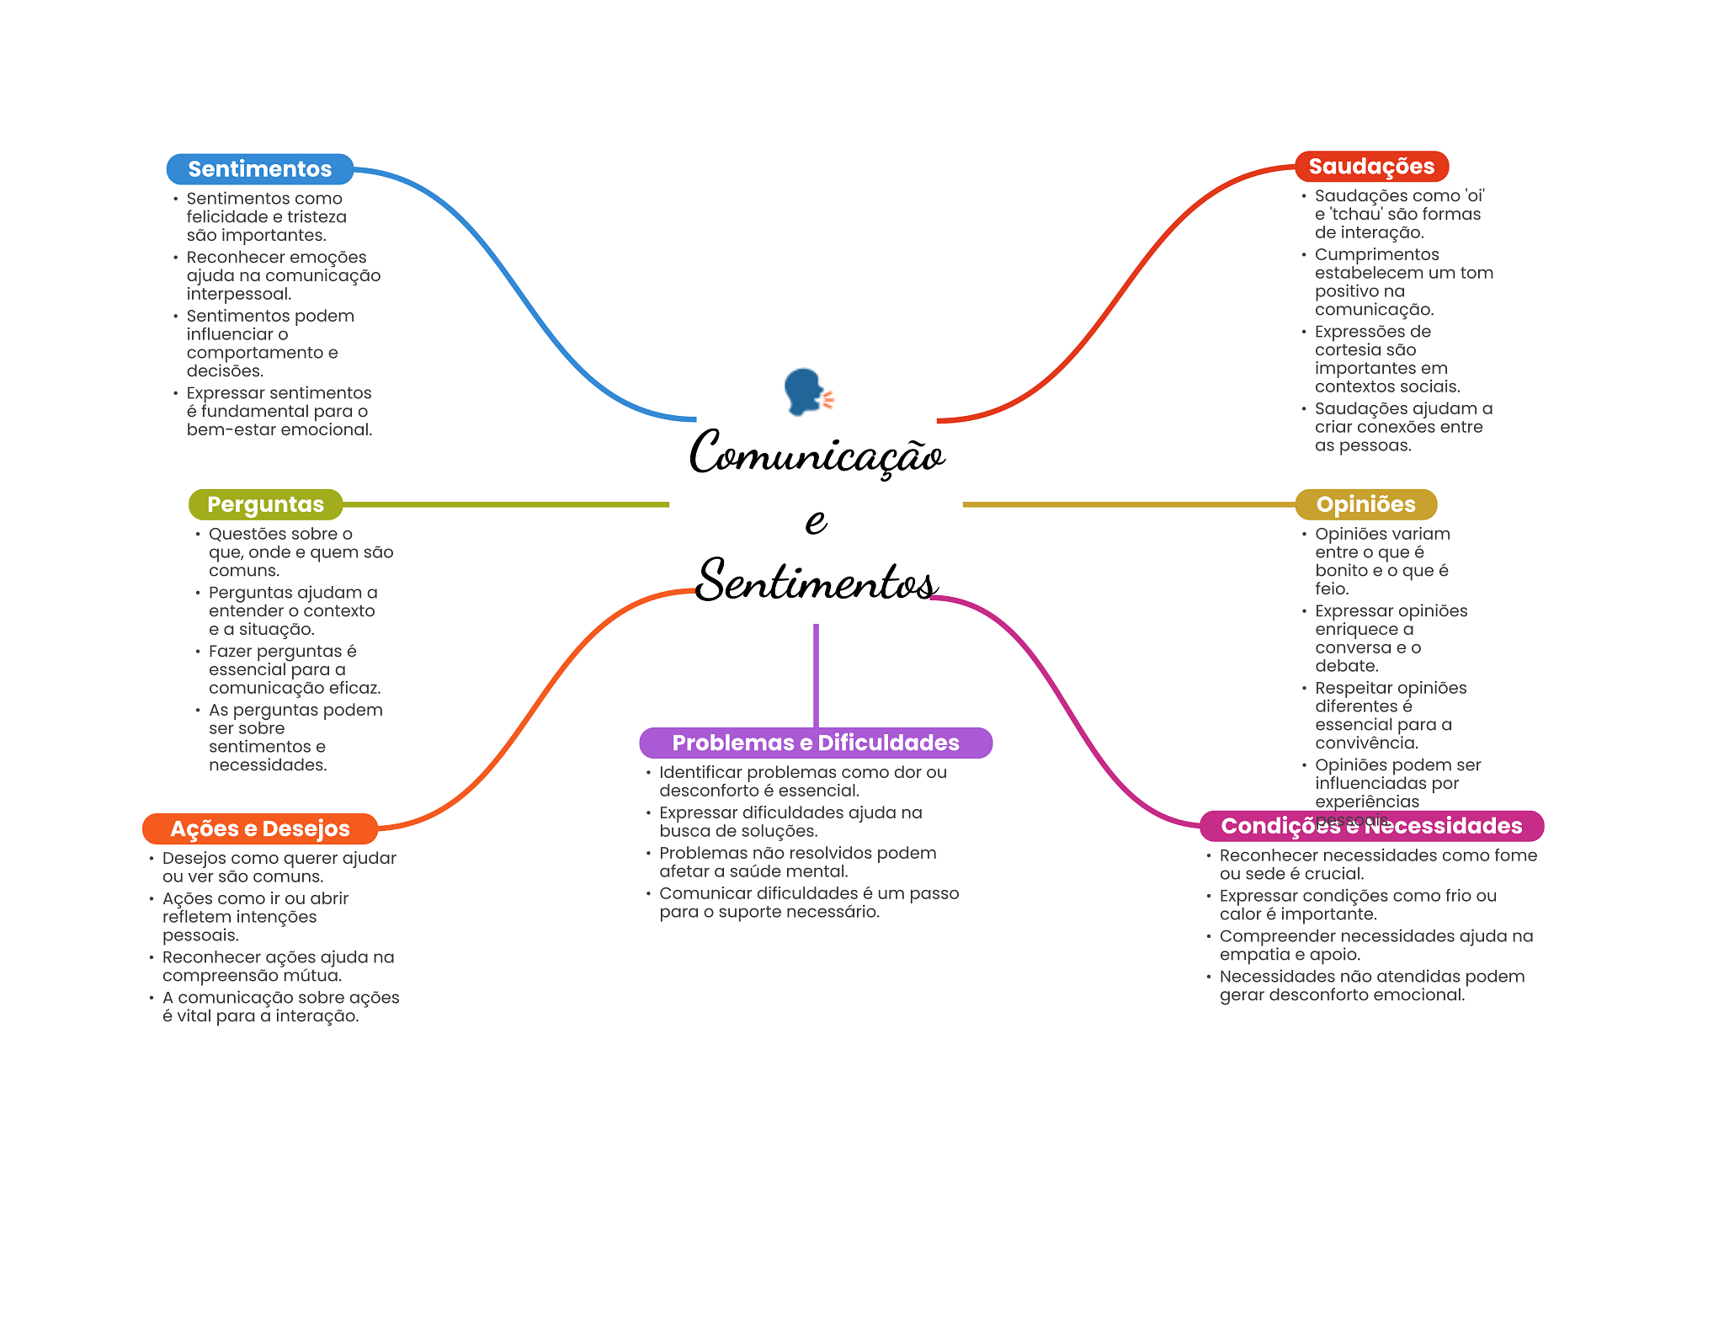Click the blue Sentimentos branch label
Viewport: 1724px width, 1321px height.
point(259,169)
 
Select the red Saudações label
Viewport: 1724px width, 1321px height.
point(1371,167)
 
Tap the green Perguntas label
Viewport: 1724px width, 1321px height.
point(265,504)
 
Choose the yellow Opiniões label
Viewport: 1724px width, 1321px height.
point(1365,504)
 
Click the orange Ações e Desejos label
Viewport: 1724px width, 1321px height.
point(259,828)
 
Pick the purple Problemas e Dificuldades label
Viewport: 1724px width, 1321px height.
point(815,743)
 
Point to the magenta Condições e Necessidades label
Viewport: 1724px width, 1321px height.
point(1371,826)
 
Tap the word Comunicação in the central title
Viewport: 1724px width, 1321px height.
point(817,455)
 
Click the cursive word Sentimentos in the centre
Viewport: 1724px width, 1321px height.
point(817,581)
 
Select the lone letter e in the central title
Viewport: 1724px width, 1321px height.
point(816,521)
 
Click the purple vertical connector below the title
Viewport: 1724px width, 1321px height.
point(816,674)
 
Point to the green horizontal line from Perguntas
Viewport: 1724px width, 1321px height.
point(505,504)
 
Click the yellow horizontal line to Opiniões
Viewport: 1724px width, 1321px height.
point(1128,504)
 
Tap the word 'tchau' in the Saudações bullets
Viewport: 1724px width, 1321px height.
point(1357,215)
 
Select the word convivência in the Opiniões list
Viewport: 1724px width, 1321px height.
point(1366,743)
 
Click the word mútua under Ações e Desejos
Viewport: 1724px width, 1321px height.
point(316,976)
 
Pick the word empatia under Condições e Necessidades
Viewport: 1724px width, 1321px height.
point(1251,955)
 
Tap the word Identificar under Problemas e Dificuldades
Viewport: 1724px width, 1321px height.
point(700,773)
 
